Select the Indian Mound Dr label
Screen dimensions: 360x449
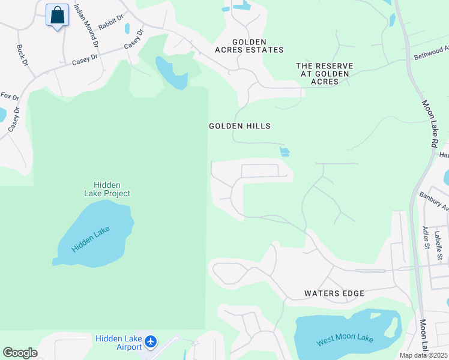coord(86,25)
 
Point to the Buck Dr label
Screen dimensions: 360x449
coord(22,55)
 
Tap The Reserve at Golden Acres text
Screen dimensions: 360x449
coord(325,73)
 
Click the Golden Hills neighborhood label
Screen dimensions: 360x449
coord(240,126)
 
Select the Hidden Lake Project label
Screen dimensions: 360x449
coord(112,189)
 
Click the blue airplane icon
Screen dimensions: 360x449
coord(150,342)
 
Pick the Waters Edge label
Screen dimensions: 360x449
coord(334,293)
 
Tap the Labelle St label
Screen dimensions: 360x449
coord(439,245)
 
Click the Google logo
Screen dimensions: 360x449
coord(20,353)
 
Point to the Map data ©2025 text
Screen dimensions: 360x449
coord(423,355)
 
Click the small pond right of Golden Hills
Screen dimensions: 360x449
coord(285,152)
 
